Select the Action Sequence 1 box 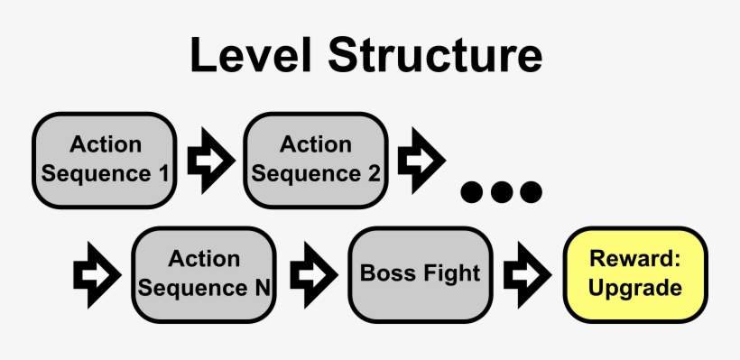(105, 158)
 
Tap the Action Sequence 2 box (315, 158)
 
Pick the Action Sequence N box (203, 273)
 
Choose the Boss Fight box (421, 273)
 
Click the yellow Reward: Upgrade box (635, 273)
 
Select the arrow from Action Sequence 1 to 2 (209, 159)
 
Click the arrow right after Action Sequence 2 (421, 159)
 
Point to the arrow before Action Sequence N (96, 272)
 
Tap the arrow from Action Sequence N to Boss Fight (312, 272)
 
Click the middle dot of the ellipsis (502, 191)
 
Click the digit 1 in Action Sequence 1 (162, 172)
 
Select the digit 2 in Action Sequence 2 (374, 172)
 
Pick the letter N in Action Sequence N (261, 289)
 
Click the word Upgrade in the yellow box (635, 289)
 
